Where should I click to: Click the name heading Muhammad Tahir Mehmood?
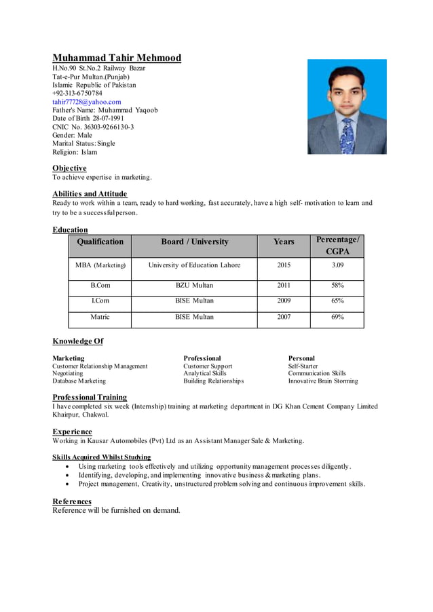[x=117, y=58]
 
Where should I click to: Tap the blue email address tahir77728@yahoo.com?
[x=87, y=101]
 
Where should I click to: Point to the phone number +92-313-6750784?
[x=77, y=93]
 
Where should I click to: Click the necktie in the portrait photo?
[x=347, y=135]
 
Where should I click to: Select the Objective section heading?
[x=69, y=168]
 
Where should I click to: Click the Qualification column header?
[x=100, y=242]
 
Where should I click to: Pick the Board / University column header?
[x=194, y=242]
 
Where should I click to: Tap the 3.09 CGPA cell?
[x=337, y=265]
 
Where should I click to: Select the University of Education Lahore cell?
[x=194, y=265]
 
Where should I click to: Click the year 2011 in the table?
[x=284, y=286]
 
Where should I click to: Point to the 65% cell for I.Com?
[x=337, y=301]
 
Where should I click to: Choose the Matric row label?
[x=100, y=317]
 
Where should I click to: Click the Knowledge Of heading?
[x=77, y=341]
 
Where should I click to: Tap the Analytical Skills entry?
[x=205, y=373]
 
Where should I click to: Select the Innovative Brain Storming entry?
[x=322, y=381]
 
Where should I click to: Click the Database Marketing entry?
[x=79, y=381]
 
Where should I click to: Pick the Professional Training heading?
[x=90, y=397]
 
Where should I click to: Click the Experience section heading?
[x=72, y=432]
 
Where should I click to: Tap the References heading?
[x=72, y=501]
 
